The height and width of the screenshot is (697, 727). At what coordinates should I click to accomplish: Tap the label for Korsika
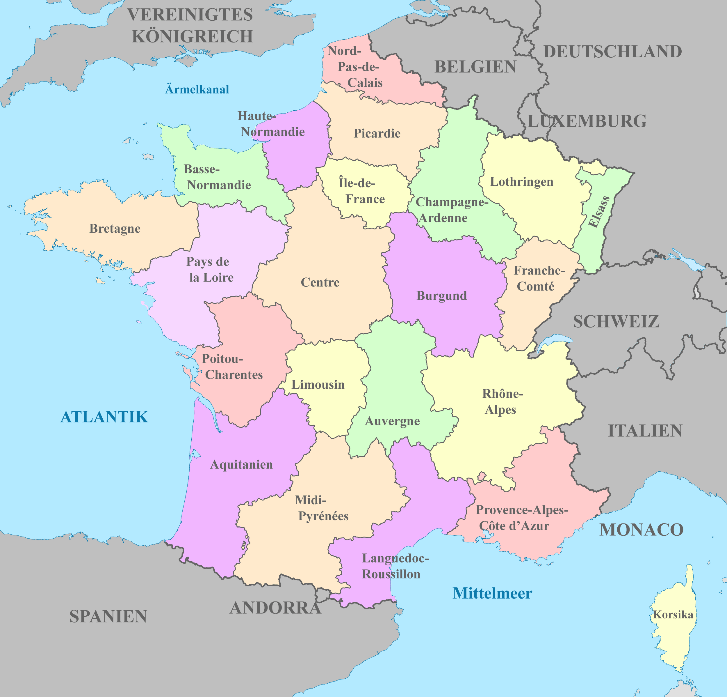pyautogui.click(x=673, y=615)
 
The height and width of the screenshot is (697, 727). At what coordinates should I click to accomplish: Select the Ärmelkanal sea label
pyautogui.click(x=197, y=89)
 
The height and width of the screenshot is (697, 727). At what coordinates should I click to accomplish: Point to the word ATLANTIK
pyautogui.click(x=104, y=417)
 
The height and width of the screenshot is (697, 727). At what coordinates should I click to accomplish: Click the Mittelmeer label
pyautogui.click(x=492, y=593)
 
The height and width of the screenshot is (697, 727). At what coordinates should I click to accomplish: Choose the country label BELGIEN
pyautogui.click(x=475, y=67)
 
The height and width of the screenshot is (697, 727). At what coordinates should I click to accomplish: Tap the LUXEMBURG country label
pyautogui.click(x=587, y=121)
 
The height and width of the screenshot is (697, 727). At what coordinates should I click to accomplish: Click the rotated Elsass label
pyautogui.click(x=599, y=212)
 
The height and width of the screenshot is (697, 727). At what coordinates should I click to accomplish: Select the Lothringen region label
pyautogui.click(x=521, y=182)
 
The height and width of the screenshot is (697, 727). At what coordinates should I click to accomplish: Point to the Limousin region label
pyautogui.click(x=318, y=385)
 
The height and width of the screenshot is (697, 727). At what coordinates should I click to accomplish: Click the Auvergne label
pyautogui.click(x=392, y=421)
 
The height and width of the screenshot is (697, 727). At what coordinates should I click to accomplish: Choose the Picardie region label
pyautogui.click(x=377, y=133)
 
